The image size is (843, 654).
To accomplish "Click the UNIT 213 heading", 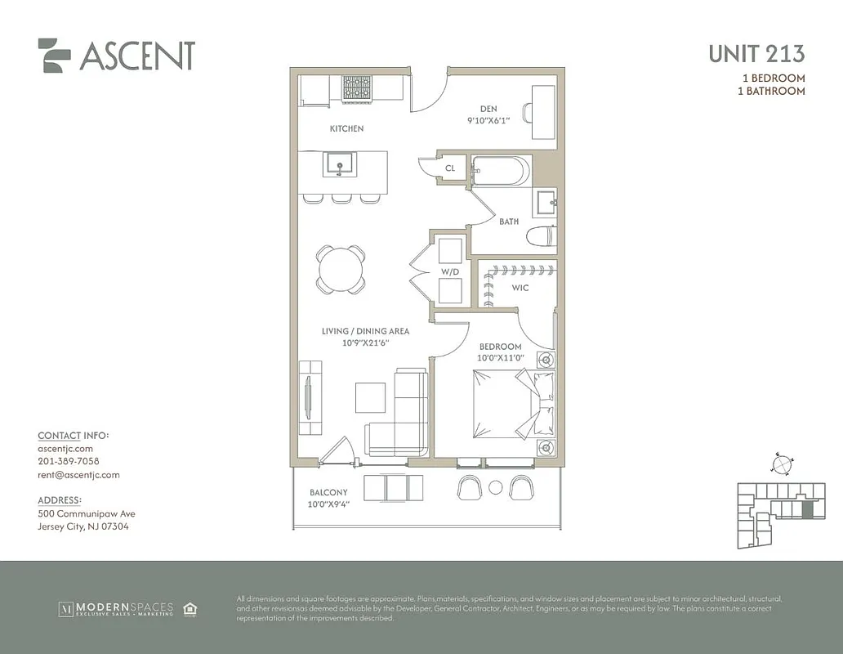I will tap(756, 54).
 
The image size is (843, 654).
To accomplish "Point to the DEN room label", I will tap(488, 109).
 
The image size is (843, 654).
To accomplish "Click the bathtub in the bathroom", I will tap(501, 172).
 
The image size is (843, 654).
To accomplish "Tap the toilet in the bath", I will tap(541, 237).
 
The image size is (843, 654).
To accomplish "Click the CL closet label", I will tap(450, 168).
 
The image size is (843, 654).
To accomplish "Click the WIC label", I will tap(520, 288).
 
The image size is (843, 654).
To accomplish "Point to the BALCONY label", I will tap(328, 493).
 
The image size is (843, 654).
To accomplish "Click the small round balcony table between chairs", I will tap(495, 488).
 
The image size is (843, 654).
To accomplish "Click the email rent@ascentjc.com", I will tap(78, 475).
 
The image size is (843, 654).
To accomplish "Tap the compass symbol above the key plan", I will tap(782, 464).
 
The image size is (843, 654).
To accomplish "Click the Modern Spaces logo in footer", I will tap(115, 608).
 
